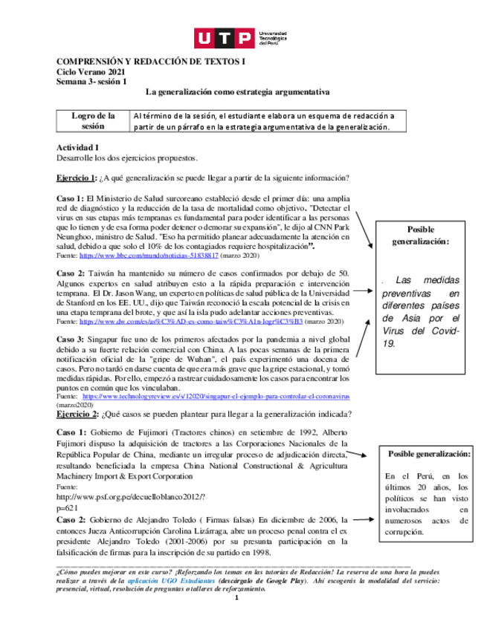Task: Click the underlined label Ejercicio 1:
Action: [77, 178]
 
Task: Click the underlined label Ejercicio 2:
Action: [77, 414]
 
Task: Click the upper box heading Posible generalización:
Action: [421, 236]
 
